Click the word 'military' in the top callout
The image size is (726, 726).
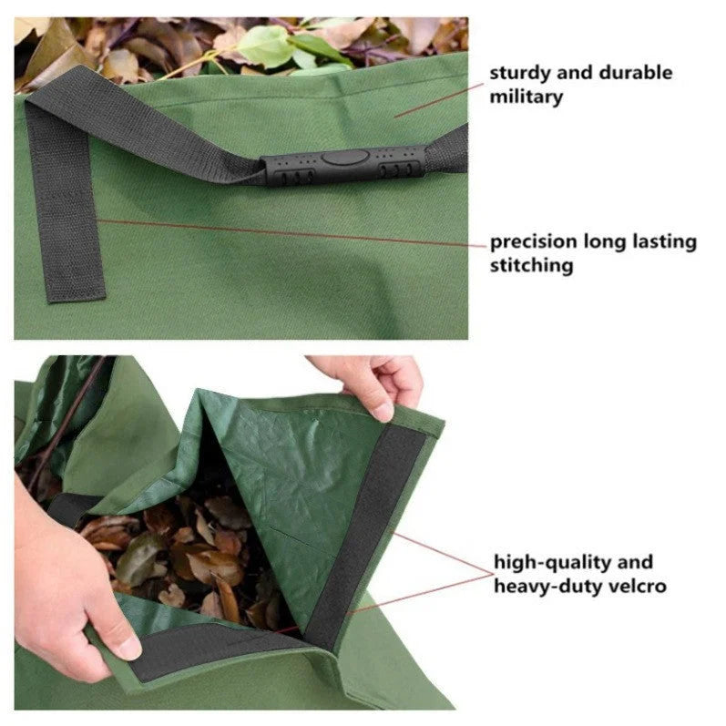click(526, 96)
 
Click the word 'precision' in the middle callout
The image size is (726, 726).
click(533, 242)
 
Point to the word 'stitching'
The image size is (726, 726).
click(532, 266)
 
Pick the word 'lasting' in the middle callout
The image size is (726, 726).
click(663, 242)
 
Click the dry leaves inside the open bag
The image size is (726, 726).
click(182, 547)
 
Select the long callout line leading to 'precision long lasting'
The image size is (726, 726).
click(291, 232)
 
